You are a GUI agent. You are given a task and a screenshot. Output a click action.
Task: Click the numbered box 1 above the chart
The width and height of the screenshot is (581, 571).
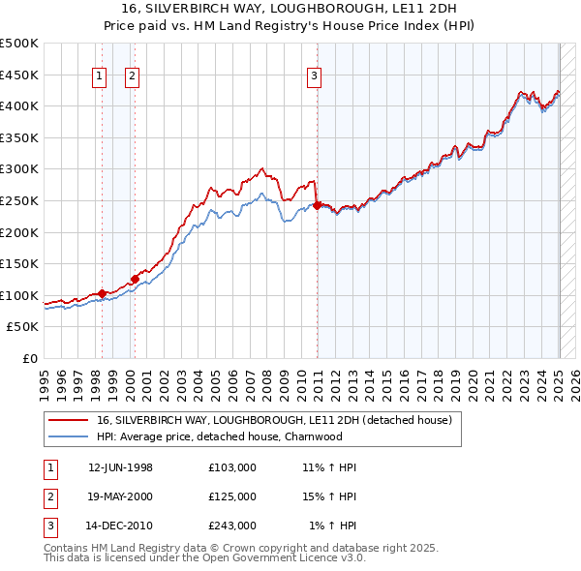[100, 77]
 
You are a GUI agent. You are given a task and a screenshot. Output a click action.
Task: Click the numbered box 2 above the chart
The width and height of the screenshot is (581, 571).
[132, 77]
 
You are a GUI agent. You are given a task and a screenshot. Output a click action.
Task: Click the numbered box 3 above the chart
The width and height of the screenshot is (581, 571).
[315, 77]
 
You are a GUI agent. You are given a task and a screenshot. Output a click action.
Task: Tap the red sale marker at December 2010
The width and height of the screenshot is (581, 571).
[318, 205]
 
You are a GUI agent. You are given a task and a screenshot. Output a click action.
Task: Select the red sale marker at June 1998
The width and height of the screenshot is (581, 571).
[102, 293]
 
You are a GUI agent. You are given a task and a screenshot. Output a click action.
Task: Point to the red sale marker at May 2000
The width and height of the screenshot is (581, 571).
[135, 279]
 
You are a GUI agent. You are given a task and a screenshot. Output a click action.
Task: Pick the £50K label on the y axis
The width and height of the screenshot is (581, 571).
[23, 327]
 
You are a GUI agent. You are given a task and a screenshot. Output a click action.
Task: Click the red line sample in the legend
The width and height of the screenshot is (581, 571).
[68, 420]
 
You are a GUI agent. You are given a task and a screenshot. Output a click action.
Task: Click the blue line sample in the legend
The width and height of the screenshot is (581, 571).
[68, 436]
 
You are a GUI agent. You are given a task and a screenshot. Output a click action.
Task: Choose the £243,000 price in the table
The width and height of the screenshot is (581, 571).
[232, 526]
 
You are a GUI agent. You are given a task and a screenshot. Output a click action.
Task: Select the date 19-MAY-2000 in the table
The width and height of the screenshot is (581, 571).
[120, 496]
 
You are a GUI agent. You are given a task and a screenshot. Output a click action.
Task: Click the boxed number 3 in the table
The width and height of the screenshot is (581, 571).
[48, 526]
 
